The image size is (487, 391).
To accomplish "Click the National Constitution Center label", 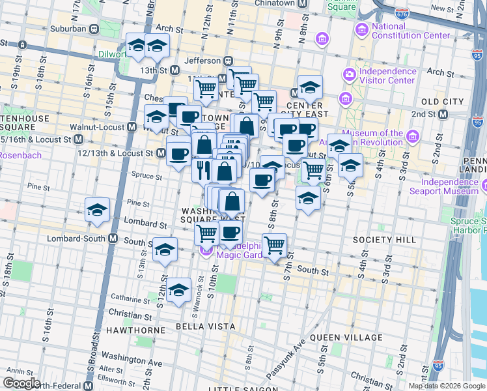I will [411, 31].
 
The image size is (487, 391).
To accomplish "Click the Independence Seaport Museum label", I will [444, 186].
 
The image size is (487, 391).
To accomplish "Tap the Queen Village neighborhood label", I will [346, 337].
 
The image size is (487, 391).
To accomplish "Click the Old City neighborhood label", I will [443, 102].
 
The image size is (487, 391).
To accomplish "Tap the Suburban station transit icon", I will [94, 29].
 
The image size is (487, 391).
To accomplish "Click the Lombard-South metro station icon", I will [113, 239].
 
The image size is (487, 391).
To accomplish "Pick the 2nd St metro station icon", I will [443, 115].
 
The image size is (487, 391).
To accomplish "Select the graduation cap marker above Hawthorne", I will [178, 291].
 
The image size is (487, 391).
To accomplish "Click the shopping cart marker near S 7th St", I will [275, 245].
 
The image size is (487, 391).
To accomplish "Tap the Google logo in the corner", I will [21, 383].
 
